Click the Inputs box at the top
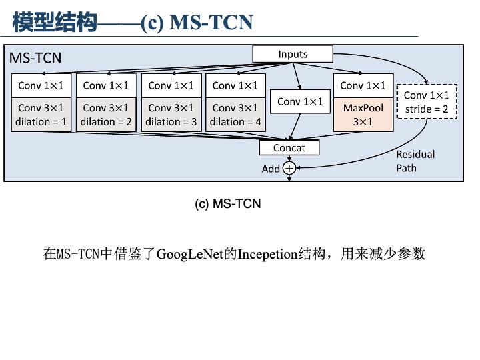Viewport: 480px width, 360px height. (293, 54)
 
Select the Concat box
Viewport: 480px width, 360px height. (289, 147)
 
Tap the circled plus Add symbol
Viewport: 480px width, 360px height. (289, 169)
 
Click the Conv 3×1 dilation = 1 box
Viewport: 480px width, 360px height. (41, 115)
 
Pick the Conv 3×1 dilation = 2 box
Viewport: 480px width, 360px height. (106, 115)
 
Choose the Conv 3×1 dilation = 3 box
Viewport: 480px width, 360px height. (171, 115)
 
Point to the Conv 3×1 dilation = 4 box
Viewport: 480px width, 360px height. (235, 115)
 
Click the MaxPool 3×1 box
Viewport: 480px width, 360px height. (363, 115)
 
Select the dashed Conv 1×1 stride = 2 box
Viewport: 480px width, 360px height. (427, 101)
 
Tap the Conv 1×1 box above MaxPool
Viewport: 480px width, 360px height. (363, 85)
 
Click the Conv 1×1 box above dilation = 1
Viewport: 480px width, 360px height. (41, 85)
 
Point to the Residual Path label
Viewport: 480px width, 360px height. (415, 161)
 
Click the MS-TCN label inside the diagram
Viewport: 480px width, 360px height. (35, 58)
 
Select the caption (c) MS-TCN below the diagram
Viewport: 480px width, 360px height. (227, 203)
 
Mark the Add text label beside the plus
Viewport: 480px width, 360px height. (271, 169)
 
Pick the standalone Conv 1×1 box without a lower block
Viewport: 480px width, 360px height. (299, 102)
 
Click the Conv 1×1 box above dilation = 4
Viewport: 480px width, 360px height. (235, 85)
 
